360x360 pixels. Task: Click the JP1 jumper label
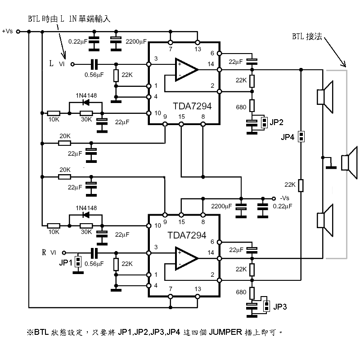[66, 263]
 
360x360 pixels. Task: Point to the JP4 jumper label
[288, 136]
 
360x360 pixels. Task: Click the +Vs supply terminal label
[8, 31]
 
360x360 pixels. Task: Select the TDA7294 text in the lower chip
[187, 235]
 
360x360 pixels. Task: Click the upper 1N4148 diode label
[86, 95]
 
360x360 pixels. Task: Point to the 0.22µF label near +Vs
[78, 41]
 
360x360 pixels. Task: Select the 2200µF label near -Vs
[221, 207]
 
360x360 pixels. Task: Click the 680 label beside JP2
[241, 107]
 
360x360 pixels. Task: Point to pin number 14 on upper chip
[211, 64]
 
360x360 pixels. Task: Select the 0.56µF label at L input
[94, 75]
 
